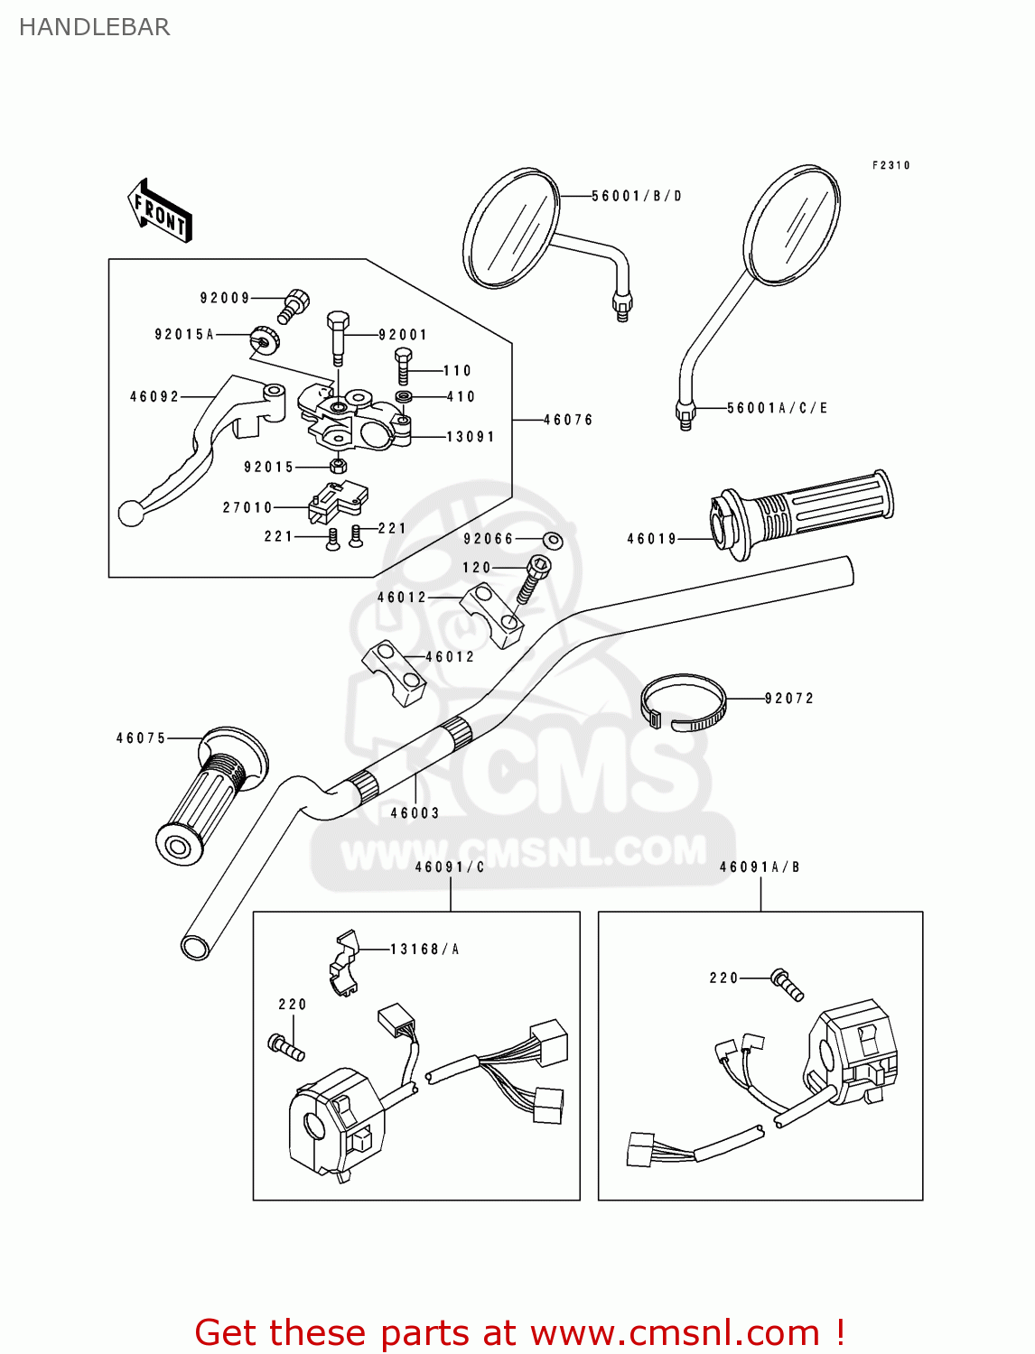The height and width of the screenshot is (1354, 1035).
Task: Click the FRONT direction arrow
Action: click(160, 211)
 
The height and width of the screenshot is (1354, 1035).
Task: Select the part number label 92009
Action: click(225, 298)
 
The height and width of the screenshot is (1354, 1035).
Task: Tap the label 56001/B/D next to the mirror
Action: click(637, 196)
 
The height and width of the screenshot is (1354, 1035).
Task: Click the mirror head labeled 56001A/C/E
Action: click(792, 226)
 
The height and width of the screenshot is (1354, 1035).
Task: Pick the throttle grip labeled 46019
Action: click(804, 514)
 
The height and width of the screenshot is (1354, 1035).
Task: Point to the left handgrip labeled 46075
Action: click(208, 794)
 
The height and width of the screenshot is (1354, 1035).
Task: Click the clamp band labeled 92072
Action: click(683, 702)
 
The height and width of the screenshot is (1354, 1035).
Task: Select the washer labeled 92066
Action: click(553, 540)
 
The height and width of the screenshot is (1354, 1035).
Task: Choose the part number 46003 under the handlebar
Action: click(415, 812)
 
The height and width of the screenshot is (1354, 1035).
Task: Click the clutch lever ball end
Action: click(132, 514)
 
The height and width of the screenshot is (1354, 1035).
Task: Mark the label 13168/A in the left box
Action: click(424, 949)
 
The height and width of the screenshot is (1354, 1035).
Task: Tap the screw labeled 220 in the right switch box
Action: click(787, 984)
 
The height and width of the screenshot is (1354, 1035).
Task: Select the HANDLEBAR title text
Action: click(94, 27)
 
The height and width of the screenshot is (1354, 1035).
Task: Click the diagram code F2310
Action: click(890, 165)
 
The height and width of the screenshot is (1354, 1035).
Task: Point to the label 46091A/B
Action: click(760, 867)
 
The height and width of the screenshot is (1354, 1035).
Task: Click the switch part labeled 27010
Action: click(337, 503)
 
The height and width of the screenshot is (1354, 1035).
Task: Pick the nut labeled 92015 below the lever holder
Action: click(338, 466)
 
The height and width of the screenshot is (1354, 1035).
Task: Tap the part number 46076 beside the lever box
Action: click(568, 420)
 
